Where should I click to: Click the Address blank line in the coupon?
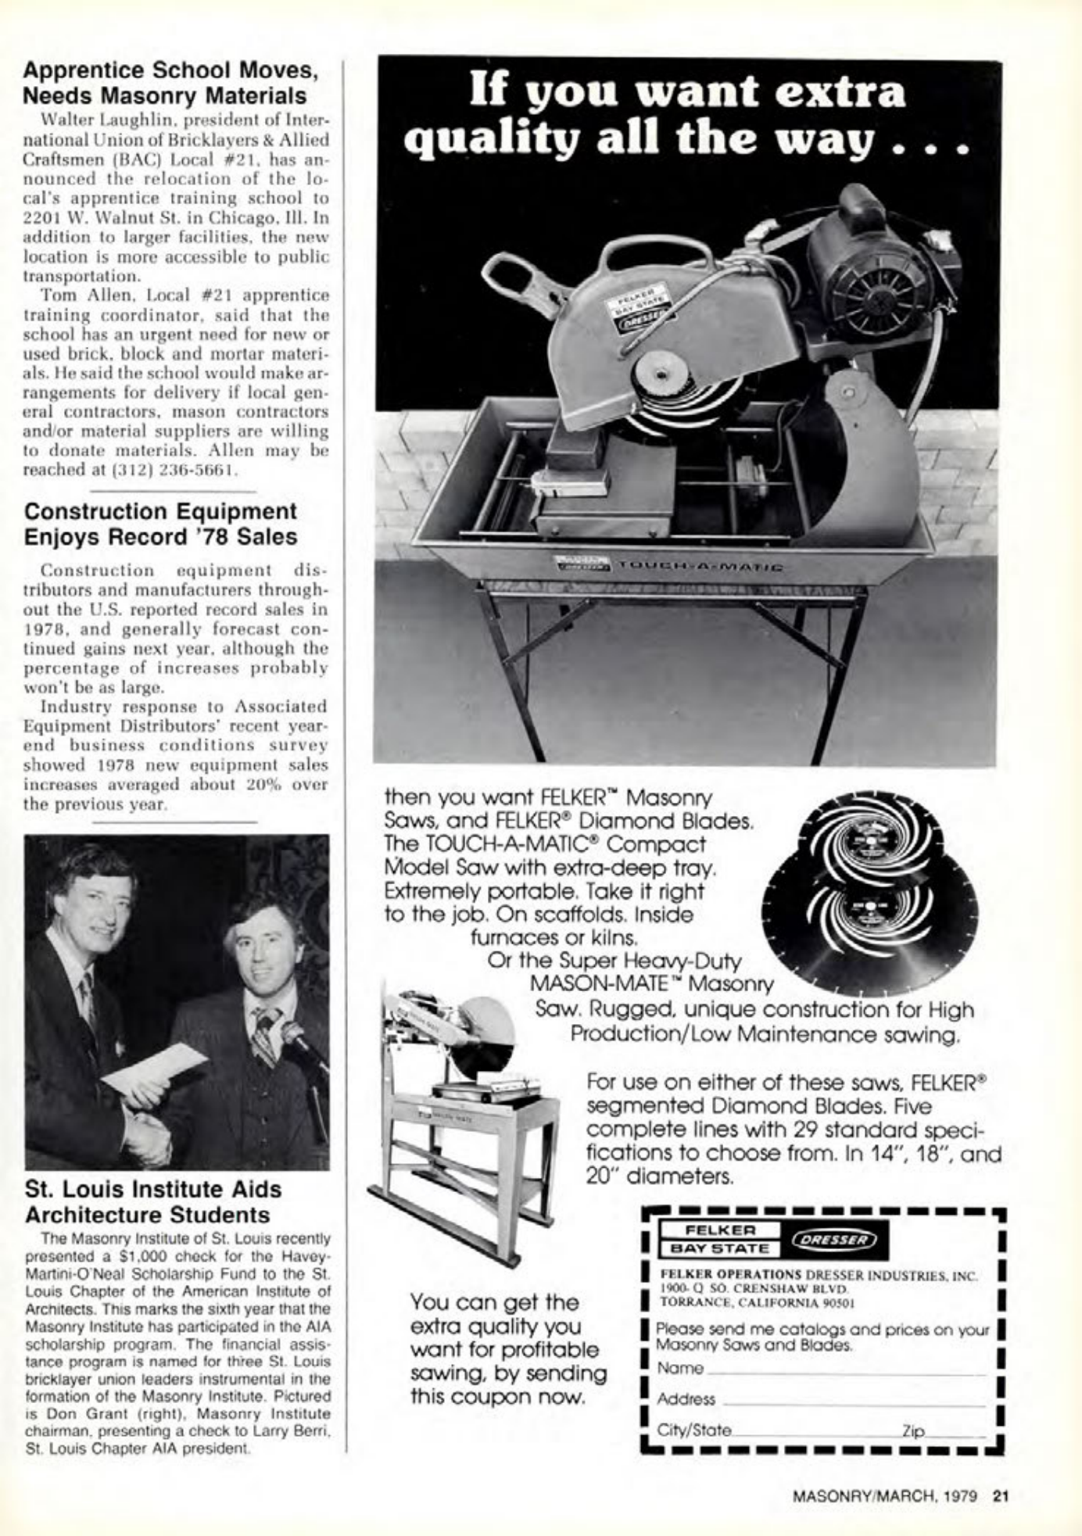pos(856,1400)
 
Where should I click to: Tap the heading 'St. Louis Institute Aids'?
pos(153,1189)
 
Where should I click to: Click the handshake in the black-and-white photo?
pos(149,1137)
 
